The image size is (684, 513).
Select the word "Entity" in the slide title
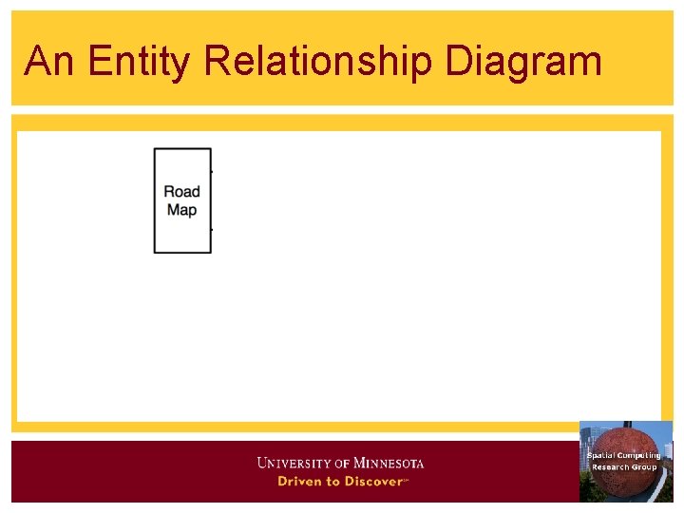[139, 61]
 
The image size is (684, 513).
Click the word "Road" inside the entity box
[181, 192]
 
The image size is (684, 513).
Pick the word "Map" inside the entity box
[181, 210]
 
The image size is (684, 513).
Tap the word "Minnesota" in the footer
[389, 464]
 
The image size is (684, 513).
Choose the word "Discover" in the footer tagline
[372, 482]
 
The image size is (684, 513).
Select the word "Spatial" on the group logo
[600, 456]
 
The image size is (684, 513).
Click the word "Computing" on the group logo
[638, 456]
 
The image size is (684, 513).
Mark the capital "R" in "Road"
[169, 192]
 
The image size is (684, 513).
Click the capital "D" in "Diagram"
[458, 61]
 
